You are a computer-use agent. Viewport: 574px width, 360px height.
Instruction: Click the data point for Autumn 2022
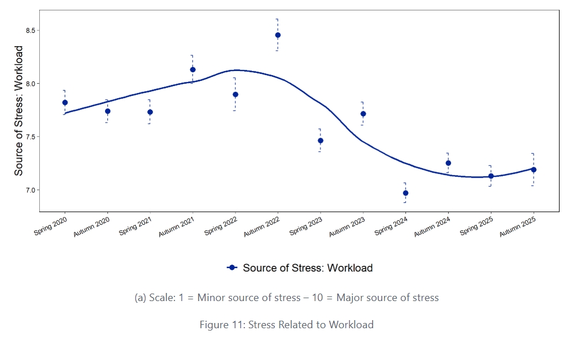tap(278, 35)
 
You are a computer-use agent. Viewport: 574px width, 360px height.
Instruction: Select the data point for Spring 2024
tap(405, 193)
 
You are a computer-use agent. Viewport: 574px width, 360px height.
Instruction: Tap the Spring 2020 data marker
tap(65, 102)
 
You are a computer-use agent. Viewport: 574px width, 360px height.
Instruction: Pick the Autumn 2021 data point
tap(192, 69)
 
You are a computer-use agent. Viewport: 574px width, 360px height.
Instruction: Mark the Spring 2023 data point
tap(320, 140)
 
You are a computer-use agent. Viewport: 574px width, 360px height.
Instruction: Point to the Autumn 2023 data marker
tap(363, 114)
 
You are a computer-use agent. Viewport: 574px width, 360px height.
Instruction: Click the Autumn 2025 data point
tap(534, 169)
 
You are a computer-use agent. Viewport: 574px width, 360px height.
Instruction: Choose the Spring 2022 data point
tap(235, 94)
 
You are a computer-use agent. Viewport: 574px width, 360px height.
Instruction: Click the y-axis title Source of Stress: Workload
tap(19, 110)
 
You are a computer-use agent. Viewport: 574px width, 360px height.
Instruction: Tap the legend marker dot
tap(232, 268)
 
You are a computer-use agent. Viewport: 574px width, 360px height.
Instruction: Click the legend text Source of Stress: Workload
tap(307, 268)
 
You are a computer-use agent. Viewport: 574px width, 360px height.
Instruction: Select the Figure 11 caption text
tap(286, 325)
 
